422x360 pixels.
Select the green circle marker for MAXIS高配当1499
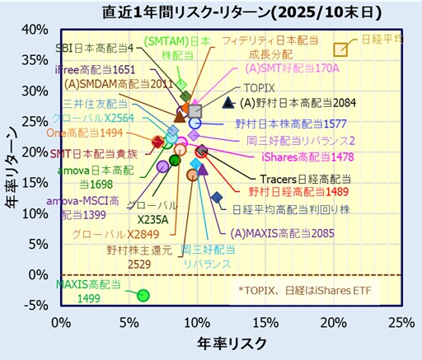143,295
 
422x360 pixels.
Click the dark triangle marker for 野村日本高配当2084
229,103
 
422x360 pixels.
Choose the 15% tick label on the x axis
265,320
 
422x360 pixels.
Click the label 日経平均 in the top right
383,39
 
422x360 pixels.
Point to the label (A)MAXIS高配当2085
282,233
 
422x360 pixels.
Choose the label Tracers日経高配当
298,178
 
